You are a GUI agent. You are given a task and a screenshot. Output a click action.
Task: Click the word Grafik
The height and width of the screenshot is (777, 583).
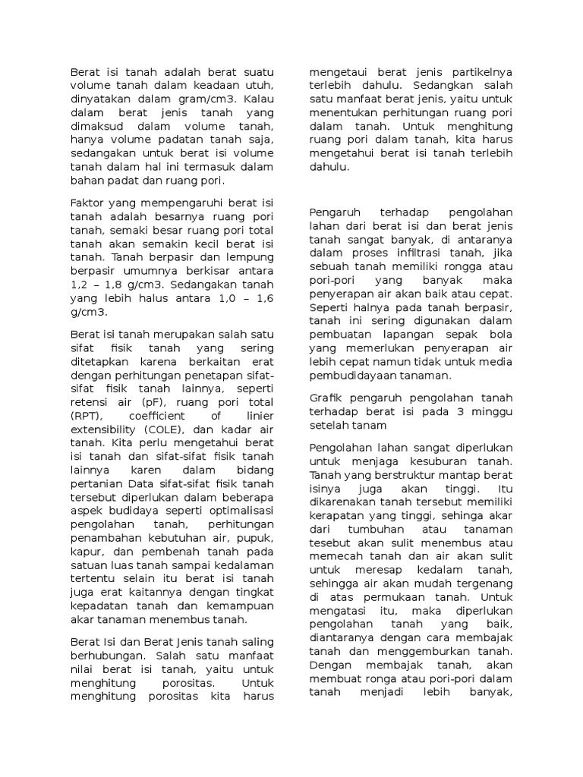tap(327, 398)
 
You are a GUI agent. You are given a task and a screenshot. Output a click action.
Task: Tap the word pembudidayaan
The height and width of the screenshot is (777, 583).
tap(358, 376)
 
